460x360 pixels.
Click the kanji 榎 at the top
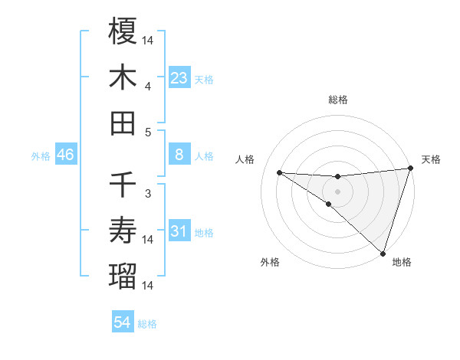pyautogui.click(x=123, y=31)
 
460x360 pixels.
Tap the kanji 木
pyautogui.click(x=123, y=77)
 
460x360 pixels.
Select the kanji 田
pyautogui.click(x=123, y=123)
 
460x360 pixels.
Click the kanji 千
pyautogui.click(x=123, y=185)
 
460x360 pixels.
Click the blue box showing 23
pyautogui.click(x=179, y=77)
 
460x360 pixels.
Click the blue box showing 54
pyautogui.click(x=123, y=322)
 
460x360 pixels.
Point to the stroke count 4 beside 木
pyautogui.click(x=148, y=87)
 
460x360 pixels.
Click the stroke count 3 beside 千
pyautogui.click(x=148, y=194)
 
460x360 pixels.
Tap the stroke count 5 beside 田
pyautogui.click(x=148, y=132)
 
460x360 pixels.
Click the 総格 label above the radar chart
pyautogui.click(x=338, y=100)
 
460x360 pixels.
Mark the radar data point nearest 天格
pyautogui.click(x=410, y=169)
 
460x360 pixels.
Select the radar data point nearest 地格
pyautogui.click(x=383, y=254)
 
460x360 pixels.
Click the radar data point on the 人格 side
pyautogui.click(x=279, y=172)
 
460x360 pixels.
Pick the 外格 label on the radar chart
pyautogui.click(x=270, y=263)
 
